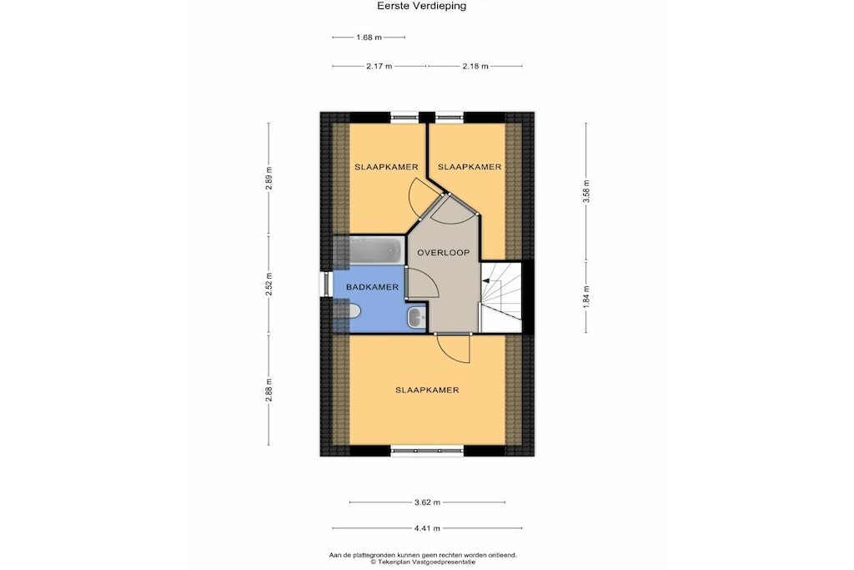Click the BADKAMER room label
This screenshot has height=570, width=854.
373,286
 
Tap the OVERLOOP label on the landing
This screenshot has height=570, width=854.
444,252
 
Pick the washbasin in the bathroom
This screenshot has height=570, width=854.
417,316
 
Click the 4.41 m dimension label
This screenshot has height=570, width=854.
427,527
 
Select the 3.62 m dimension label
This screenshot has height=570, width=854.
427,502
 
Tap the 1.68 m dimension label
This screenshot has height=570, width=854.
369,38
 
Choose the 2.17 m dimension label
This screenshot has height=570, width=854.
379,66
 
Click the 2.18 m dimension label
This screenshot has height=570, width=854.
475,66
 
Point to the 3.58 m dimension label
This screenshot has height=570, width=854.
586,191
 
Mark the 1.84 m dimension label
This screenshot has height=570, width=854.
586,297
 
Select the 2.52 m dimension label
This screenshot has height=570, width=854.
269,285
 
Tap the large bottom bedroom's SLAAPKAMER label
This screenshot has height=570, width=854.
427,390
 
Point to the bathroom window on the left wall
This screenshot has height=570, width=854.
326,284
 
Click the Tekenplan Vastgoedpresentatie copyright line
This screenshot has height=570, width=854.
423,562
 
